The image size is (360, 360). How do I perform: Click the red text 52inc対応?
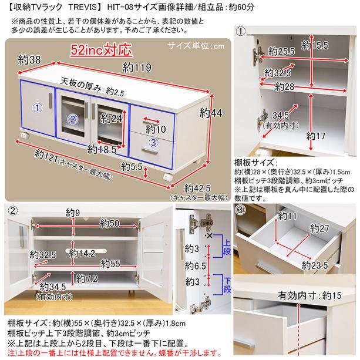[104, 49]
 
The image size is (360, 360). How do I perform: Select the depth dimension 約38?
[29, 59]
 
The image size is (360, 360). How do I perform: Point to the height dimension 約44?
[213, 112]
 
